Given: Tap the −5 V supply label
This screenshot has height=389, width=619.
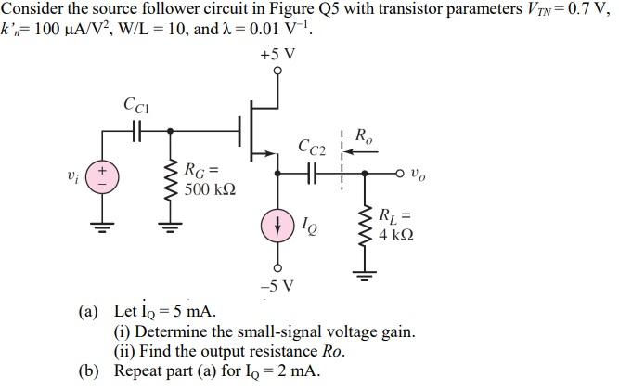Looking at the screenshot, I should tap(278, 283).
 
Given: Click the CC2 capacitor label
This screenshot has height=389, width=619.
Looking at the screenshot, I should tap(312, 146).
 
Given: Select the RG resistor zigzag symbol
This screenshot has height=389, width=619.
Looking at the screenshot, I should tap(169, 184).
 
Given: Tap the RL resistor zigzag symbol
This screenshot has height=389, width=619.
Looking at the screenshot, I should tap(363, 228).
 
